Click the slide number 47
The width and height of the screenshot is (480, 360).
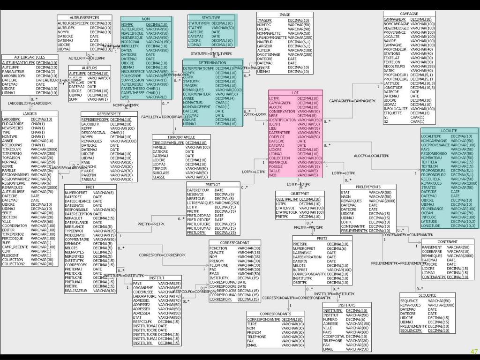click(x=474, y=352)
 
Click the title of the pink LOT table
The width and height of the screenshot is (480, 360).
click(x=295, y=93)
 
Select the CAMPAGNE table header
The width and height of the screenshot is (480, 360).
click(x=409, y=14)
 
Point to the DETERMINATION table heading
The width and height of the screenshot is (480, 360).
click(x=212, y=63)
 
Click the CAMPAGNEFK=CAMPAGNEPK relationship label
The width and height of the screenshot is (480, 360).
click(x=352, y=101)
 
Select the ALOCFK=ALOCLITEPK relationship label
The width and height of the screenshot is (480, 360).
click(x=371, y=156)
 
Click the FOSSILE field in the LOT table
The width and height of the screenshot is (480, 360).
click(x=276, y=167)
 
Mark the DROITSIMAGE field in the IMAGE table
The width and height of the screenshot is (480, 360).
click(x=268, y=54)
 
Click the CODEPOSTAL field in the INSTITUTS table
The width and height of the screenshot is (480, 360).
click(x=334, y=337)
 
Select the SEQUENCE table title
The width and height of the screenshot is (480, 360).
click(x=427, y=295)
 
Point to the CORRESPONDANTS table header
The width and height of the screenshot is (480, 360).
click(x=275, y=314)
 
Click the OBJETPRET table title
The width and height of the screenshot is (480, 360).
click(x=300, y=194)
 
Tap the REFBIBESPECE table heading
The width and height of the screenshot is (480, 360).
click(x=109, y=114)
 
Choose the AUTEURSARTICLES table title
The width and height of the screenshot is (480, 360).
click(x=30, y=57)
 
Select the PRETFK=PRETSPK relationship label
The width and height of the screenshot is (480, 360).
click(x=308, y=227)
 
